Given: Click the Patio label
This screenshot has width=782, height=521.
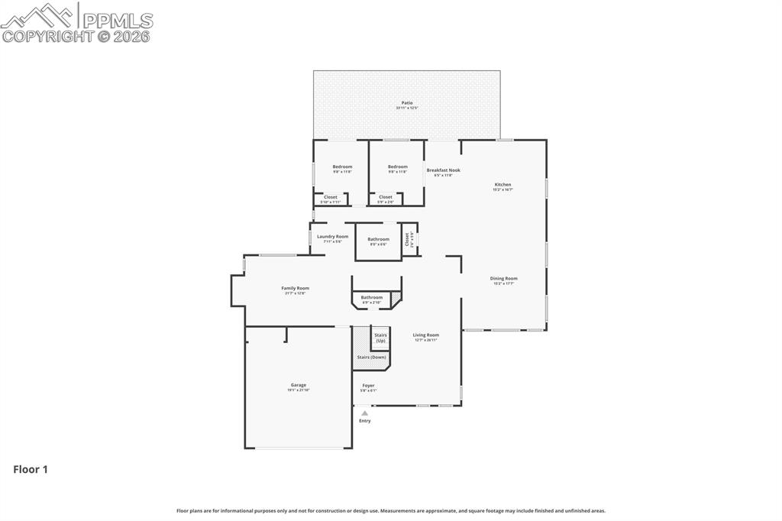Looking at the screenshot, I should [x=406, y=102].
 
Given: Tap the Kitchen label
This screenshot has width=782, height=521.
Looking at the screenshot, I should [x=502, y=185].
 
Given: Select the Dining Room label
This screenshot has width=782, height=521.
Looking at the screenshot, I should [x=503, y=279].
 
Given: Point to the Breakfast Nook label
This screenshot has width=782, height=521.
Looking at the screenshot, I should [x=443, y=170].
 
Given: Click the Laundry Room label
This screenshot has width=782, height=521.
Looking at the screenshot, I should [x=332, y=237].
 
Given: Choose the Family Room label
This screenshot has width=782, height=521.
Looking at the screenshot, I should [x=295, y=288].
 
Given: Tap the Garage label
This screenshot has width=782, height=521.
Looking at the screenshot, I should [x=298, y=385].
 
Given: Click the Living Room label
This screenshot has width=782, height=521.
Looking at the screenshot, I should [x=426, y=335].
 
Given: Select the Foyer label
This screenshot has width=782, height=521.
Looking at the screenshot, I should [x=368, y=386].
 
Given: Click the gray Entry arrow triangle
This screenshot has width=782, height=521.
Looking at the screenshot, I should [x=364, y=413].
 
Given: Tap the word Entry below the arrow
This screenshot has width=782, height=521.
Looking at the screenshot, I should [x=365, y=421].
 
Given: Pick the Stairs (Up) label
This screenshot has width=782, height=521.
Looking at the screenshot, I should [x=380, y=338].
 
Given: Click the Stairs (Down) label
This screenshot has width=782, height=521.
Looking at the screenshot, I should [x=371, y=358].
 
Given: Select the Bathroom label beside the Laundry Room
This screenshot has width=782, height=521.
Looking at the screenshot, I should [x=378, y=240].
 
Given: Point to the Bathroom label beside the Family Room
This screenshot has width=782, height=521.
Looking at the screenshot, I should [x=372, y=297].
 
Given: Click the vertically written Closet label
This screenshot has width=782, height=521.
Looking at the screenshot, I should [x=407, y=239].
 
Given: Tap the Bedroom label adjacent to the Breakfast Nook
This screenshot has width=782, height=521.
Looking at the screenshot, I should [x=397, y=167].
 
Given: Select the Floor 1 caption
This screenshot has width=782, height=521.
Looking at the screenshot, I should [x=31, y=470].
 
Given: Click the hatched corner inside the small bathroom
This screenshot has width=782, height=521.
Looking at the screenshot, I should [x=396, y=296].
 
